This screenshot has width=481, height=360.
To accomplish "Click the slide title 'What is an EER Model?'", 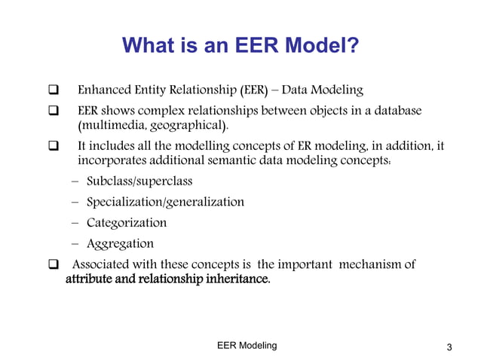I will point(240,47).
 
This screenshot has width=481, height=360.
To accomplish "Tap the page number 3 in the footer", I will point(449,347).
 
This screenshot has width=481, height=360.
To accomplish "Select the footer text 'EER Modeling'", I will point(247,345).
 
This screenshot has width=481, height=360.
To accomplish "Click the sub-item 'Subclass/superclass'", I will point(139,182).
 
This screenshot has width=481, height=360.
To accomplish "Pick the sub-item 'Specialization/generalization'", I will point(165,202).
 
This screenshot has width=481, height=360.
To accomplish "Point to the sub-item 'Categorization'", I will point(127,223).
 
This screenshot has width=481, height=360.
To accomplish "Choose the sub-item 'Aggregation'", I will point(120,243).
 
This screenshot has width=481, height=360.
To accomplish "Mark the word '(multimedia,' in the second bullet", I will point(112,124).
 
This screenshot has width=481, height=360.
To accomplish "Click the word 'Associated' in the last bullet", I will point(102,264).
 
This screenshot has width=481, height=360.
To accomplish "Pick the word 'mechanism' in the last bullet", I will point(373,264).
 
